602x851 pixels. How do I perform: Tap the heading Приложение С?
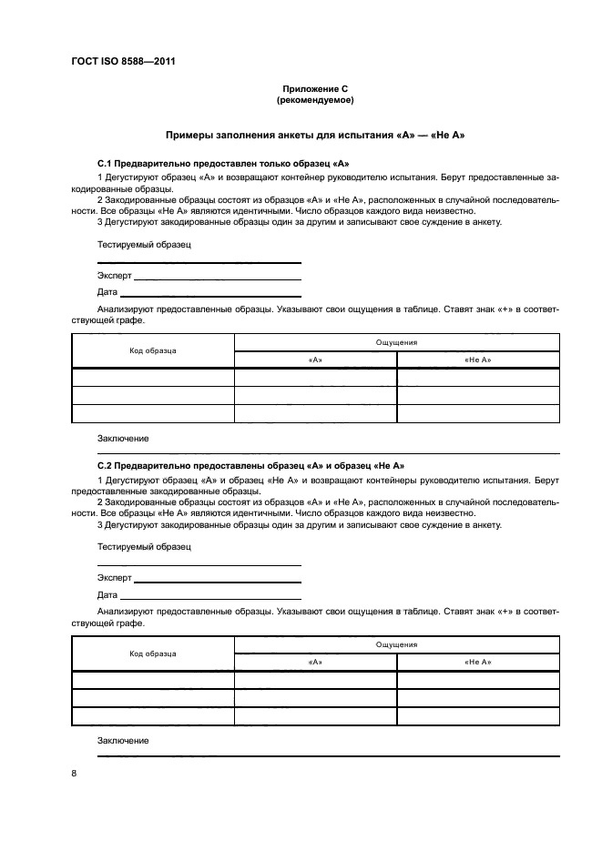[x=314, y=89]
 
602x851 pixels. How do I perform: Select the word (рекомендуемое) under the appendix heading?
[x=314, y=100]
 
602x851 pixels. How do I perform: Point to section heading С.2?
[x=250, y=465]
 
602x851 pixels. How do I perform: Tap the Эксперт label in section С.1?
[x=114, y=276]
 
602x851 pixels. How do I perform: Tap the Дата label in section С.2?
[x=107, y=594]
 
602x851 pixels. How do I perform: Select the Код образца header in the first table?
[x=153, y=350]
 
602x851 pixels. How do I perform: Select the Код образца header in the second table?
[x=153, y=653]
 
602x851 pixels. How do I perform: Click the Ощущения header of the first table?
[x=396, y=342]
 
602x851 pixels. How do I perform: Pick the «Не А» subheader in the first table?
[x=477, y=360]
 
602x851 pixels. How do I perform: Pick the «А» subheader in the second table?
[x=315, y=663]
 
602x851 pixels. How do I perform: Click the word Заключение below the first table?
[x=123, y=438]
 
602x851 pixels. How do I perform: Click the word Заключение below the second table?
[x=123, y=741]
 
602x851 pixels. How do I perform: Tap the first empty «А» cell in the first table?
[x=315, y=378]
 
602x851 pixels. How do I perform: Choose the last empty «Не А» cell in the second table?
[x=477, y=716]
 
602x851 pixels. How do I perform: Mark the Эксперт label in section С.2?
[x=114, y=578]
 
